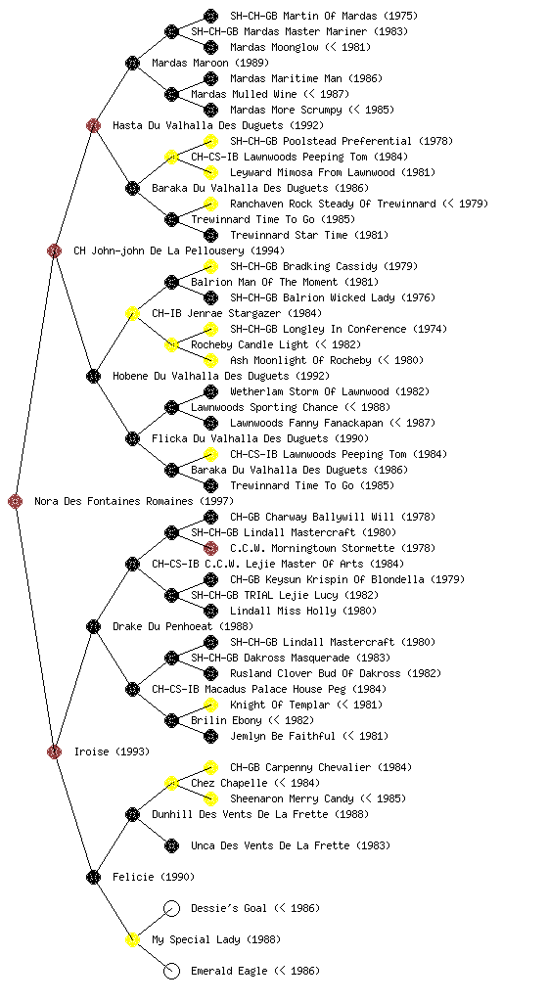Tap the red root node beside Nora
(x=16, y=502)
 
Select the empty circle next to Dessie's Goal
(x=171, y=908)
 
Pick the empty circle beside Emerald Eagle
(x=171, y=971)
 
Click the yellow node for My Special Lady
(x=132, y=939)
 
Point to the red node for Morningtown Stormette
(x=210, y=548)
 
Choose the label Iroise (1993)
(x=112, y=751)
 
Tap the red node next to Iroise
(x=54, y=751)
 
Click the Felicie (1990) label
(x=154, y=877)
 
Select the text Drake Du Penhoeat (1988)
(x=183, y=626)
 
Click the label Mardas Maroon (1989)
(x=210, y=63)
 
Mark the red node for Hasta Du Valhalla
(x=93, y=125)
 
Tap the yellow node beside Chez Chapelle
(x=171, y=783)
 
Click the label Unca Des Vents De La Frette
(x=270, y=845)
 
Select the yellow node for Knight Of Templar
(x=210, y=705)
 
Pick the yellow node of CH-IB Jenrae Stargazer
(x=132, y=313)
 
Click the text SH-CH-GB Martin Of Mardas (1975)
(x=324, y=16)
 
